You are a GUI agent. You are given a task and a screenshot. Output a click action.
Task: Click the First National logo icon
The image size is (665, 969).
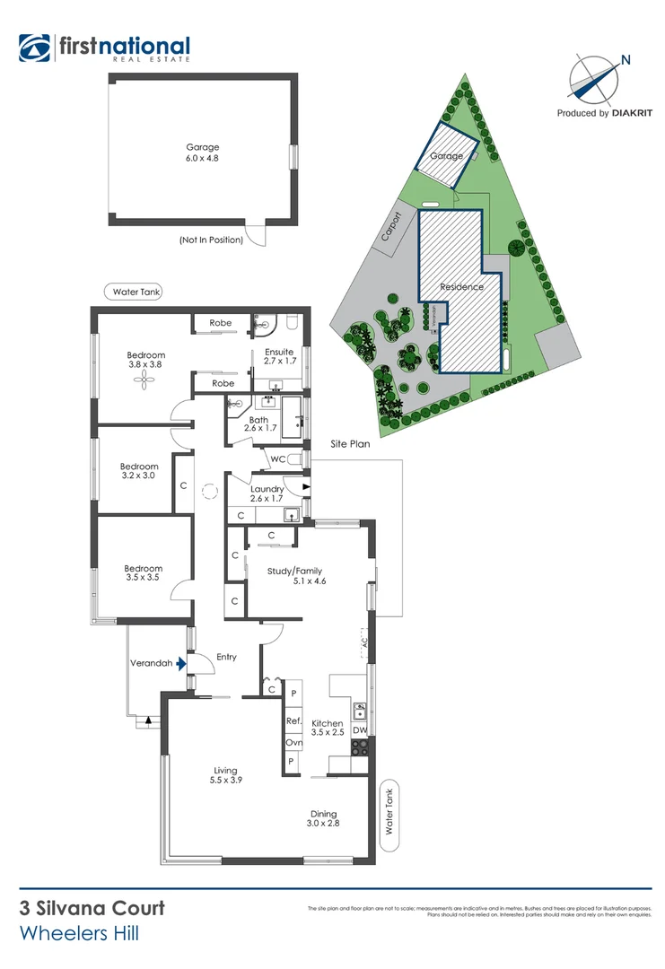coord(35,48)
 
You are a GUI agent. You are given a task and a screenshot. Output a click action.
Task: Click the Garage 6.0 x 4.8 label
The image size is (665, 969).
coord(202,153)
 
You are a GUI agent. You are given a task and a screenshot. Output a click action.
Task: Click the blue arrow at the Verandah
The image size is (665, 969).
coord(181,664)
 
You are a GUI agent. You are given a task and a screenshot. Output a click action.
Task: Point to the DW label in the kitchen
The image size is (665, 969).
coord(359,731)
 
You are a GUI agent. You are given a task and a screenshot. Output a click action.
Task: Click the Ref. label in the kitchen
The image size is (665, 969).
coord(293,721)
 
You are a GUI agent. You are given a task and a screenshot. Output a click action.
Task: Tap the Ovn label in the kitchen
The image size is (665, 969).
coord(293,742)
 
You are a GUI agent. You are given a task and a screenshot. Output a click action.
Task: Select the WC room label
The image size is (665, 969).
coord(277,459)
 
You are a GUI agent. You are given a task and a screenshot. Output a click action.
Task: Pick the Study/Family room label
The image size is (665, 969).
coord(294,576)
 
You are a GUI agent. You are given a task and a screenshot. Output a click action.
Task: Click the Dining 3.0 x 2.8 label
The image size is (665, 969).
coord(324,817)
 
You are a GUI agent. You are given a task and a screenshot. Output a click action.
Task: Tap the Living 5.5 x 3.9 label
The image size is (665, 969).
coord(225,774)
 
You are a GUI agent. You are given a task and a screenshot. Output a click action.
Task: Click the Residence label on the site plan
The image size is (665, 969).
coord(461,287)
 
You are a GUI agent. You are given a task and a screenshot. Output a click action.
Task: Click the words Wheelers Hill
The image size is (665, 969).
coord(79,935)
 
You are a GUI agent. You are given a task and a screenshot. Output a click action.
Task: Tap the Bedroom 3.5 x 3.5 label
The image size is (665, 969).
coord(143,573)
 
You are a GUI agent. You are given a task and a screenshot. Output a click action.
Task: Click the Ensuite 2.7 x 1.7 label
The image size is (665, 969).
coord(279,356)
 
